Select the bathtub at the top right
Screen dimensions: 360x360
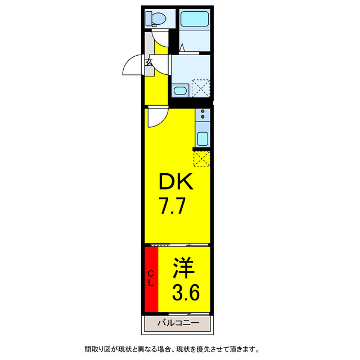(195, 19)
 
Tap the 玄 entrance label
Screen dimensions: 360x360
(149, 62)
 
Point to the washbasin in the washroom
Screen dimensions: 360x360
(180, 91)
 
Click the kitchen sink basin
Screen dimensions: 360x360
(202, 138)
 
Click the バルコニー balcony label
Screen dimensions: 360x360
(178, 324)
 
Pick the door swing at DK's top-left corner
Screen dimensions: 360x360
(156, 117)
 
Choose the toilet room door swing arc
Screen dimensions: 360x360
(160, 39)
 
